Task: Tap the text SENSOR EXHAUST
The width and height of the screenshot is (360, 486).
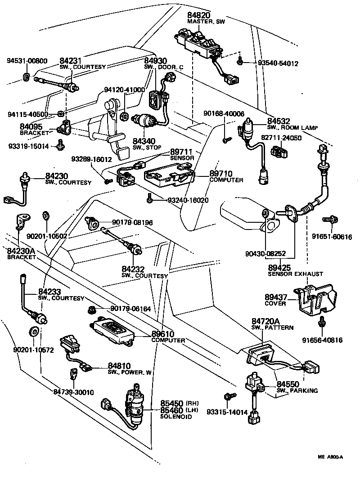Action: click(295, 274)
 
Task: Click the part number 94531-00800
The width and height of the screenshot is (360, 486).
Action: click(27, 60)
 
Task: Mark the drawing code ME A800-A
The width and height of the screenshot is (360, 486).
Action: click(330, 457)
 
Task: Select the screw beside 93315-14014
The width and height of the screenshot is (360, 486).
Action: click(227, 396)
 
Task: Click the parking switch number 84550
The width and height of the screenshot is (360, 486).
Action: click(287, 384)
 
